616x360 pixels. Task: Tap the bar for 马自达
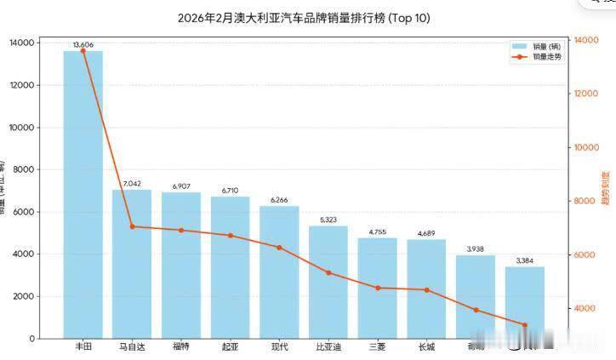coord(132,264)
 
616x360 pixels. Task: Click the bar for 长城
coord(426,289)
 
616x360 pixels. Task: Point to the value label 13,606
coord(83,43)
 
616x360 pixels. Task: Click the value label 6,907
coord(181,186)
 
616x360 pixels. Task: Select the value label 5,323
coord(328,219)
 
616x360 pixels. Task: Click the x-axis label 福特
coord(181,346)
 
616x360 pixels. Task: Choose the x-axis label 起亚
coord(230,346)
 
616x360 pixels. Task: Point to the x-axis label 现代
coord(279,346)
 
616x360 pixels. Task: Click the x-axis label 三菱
coord(377,346)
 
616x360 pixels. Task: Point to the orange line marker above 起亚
coord(230,235)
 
